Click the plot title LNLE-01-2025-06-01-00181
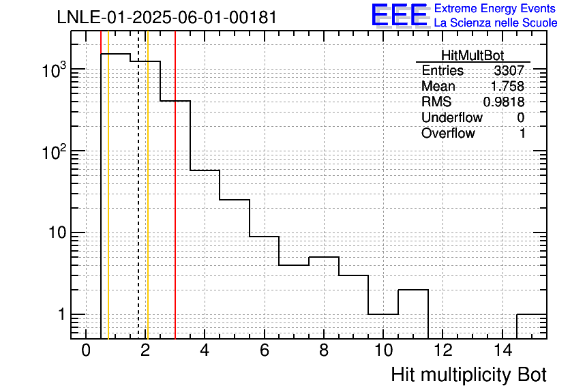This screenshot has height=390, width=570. tap(167, 18)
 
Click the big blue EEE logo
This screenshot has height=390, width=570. tap(400, 15)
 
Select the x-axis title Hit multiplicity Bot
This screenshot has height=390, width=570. tap(469, 375)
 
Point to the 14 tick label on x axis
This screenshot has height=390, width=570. tap(502, 350)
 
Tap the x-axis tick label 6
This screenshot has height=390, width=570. tap(265, 350)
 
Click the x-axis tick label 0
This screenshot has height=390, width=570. tap(86, 350)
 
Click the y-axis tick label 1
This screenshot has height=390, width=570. tap(61, 314)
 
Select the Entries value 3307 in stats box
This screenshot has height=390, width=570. tap(509, 70)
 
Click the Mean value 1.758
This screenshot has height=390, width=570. tap(507, 86)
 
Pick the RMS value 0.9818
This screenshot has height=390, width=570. tap(504, 102)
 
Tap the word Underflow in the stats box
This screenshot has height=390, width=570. tap(452, 117)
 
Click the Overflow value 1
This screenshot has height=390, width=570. tap(522, 134)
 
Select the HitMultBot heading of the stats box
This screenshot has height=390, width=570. tap(472, 55)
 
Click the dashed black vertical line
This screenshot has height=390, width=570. tap(138, 185)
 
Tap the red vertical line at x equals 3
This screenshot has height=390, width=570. tap(175, 185)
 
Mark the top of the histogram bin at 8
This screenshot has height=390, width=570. tap(324, 257)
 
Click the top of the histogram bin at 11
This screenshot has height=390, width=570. tap(413, 290)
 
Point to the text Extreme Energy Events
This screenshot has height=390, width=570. tap(495, 8)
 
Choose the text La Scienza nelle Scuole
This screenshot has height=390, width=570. tap(496, 22)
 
